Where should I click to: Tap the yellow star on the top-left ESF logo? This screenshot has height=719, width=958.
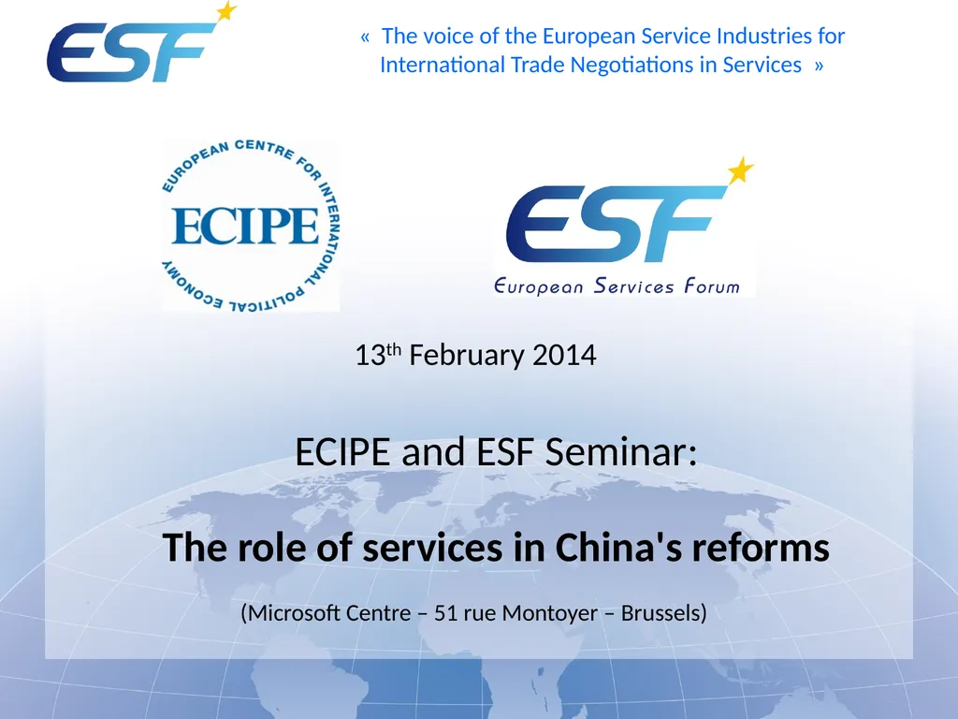coord(225,12)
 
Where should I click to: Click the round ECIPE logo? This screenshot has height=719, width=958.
coord(250,226)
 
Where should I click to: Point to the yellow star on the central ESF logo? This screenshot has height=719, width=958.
coord(740,170)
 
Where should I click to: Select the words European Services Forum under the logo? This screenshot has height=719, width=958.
coord(617,286)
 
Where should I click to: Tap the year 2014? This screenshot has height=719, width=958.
coord(564,356)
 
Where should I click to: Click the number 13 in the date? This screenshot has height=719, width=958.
coord(366,357)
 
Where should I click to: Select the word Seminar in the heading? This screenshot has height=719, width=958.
coord(621,453)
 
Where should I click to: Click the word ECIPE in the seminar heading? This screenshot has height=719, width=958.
coord(342,453)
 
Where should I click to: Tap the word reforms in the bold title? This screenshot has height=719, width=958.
coord(761,548)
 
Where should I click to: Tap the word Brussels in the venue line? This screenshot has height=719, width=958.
coord(662,614)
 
